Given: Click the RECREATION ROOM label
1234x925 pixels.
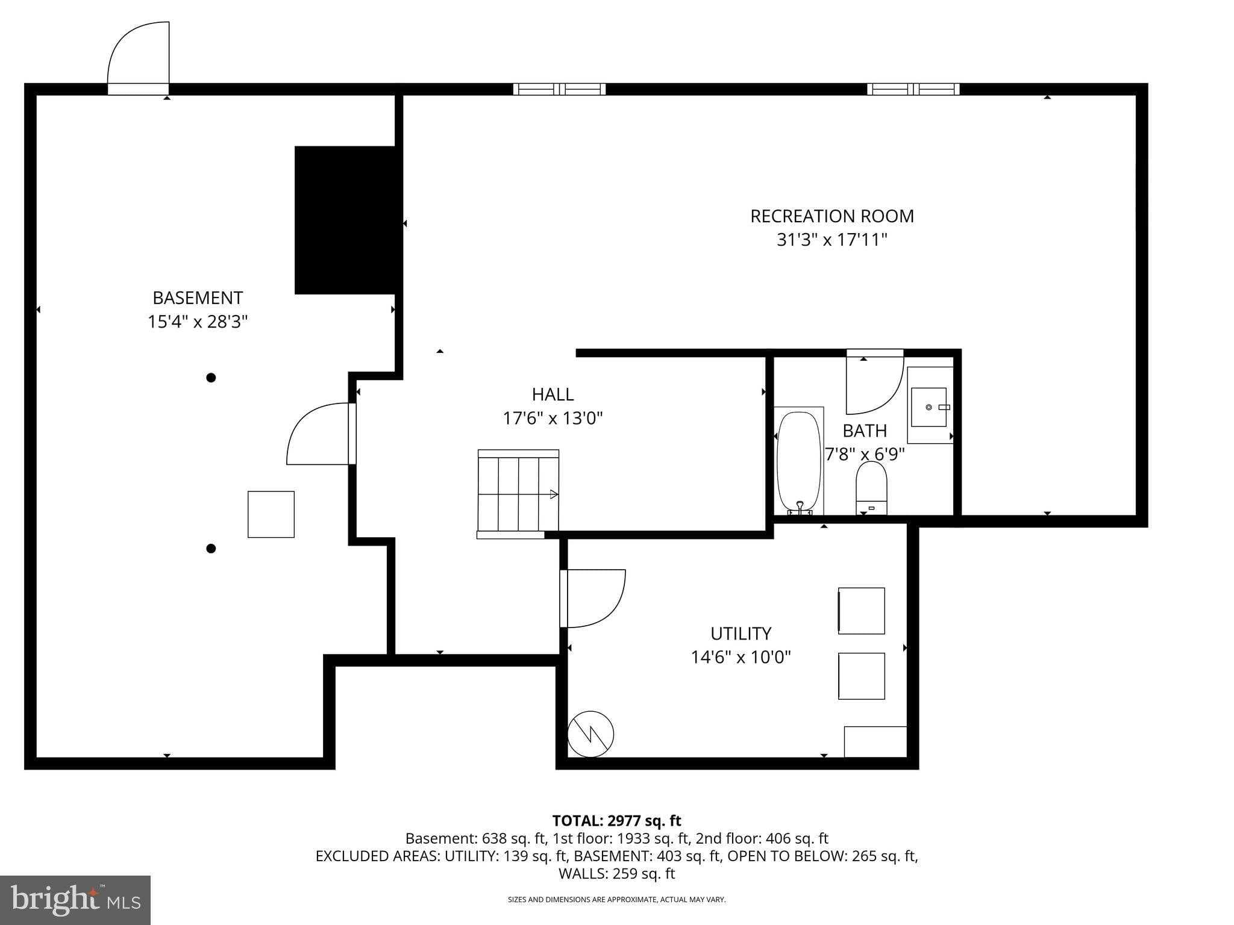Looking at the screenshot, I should pyautogui.click(x=832, y=216).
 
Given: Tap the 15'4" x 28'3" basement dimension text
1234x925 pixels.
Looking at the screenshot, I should pyautogui.click(x=198, y=322).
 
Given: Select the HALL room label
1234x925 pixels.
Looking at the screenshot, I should pyautogui.click(x=553, y=394).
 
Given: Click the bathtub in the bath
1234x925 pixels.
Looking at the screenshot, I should pyautogui.click(x=798, y=461).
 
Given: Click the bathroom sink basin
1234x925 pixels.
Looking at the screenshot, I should pyautogui.click(x=929, y=407).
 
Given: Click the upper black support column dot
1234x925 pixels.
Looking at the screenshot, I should pyautogui.click(x=211, y=378).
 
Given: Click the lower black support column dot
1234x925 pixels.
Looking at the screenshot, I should pyautogui.click(x=211, y=549).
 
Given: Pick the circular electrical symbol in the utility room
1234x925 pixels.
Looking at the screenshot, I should pyautogui.click(x=590, y=734).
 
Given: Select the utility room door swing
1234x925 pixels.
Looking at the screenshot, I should pyautogui.click(x=594, y=598).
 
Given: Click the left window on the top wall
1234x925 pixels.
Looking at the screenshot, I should pyautogui.click(x=559, y=89).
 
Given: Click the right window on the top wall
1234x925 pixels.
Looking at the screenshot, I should pyautogui.click(x=913, y=89).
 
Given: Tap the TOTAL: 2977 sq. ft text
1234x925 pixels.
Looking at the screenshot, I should pyautogui.click(x=616, y=821).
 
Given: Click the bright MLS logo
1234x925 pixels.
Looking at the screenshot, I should pyautogui.click(x=75, y=900).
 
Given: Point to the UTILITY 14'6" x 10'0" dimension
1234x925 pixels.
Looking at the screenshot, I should pyautogui.click(x=741, y=656).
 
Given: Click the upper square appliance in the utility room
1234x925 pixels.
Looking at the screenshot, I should pyautogui.click(x=861, y=611).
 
